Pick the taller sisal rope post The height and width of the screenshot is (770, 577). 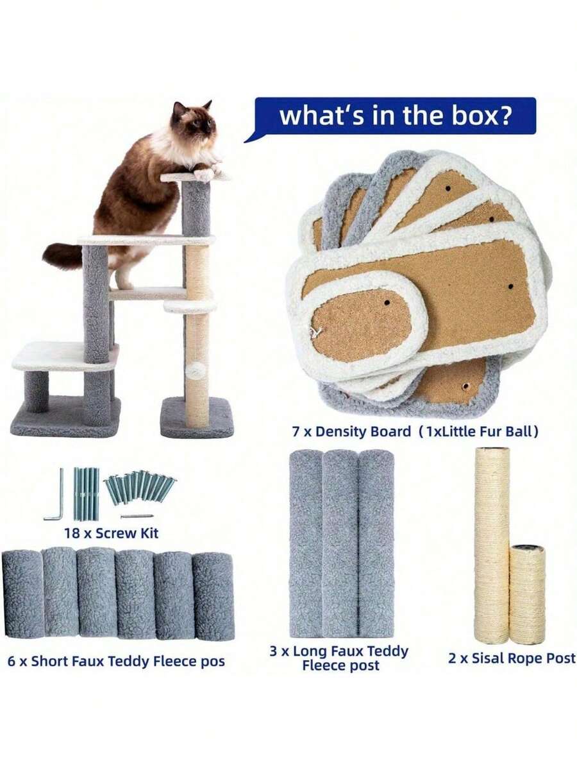492,545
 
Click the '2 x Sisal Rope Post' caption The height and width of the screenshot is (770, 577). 511,658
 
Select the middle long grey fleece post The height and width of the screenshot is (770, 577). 340,543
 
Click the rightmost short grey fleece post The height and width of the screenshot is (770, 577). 213,596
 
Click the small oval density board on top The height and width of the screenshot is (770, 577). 362,323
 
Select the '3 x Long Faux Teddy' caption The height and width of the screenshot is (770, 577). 339,651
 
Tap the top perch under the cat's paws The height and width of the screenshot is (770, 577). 192,176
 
